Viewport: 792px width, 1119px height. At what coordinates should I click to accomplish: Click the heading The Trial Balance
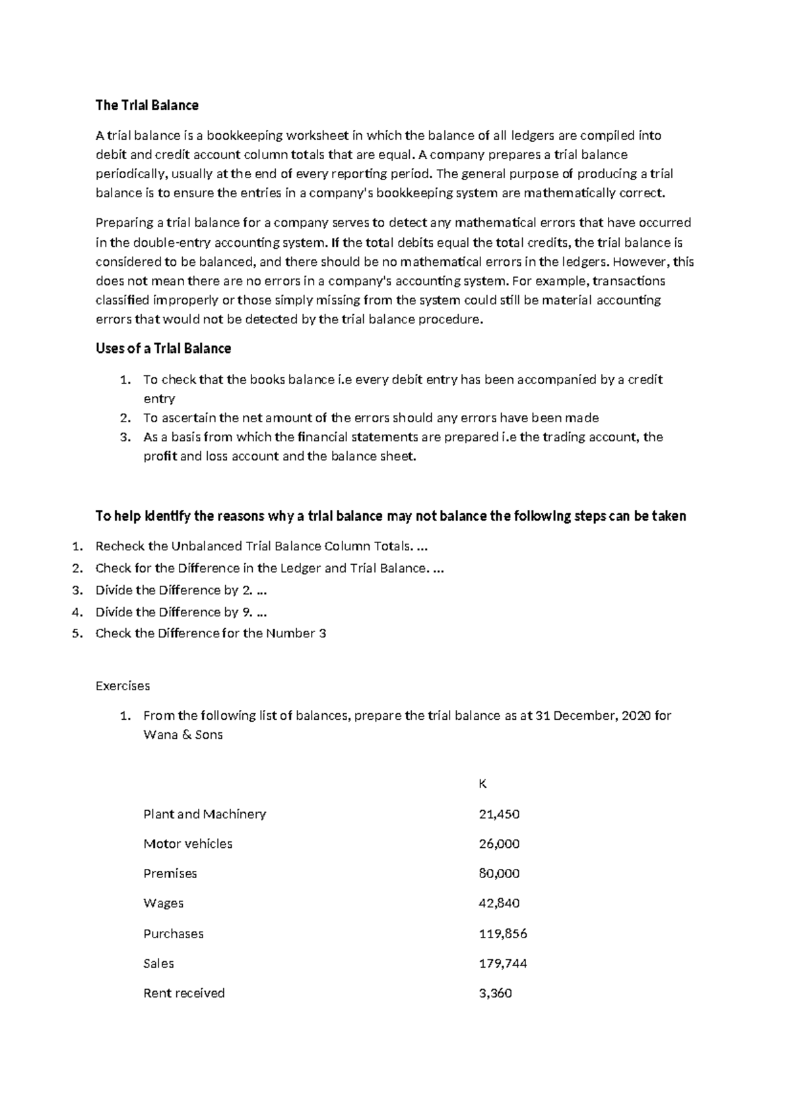tap(147, 106)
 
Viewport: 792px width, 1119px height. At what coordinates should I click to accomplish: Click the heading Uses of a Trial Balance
tap(163, 348)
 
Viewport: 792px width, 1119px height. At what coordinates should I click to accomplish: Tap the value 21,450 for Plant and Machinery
tap(498, 814)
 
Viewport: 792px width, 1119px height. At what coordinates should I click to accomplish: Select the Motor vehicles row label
tap(187, 844)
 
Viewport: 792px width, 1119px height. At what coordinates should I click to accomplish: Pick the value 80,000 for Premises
tap(498, 874)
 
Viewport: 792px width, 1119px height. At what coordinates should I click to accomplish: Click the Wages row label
tap(163, 903)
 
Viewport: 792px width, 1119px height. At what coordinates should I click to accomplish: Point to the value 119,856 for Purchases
tap(502, 934)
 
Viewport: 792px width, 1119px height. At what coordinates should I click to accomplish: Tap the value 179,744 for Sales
tap(502, 963)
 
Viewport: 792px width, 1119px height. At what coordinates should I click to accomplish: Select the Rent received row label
tap(183, 993)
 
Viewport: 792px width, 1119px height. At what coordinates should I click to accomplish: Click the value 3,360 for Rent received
tap(495, 993)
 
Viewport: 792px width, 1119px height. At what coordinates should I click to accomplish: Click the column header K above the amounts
tap(482, 784)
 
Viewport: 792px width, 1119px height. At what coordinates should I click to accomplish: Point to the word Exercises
tap(123, 686)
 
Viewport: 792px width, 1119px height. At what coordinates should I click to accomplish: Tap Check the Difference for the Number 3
tap(211, 633)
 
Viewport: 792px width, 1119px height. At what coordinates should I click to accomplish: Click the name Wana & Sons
tap(183, 735)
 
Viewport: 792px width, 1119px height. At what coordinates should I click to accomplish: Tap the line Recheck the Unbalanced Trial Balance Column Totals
tap(256, 546)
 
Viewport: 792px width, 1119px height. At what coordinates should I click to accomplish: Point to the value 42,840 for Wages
tap(498, 903)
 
